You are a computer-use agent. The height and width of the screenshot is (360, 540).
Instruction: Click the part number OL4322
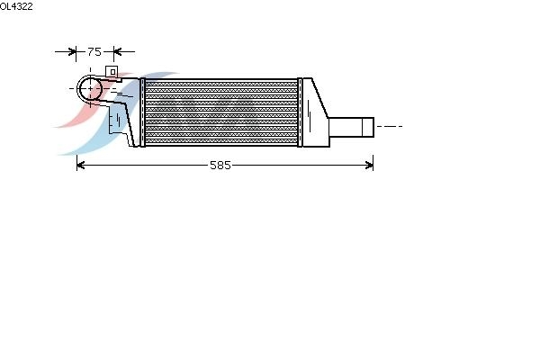(16, 6)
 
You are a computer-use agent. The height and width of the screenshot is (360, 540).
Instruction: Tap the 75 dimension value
(94, 51)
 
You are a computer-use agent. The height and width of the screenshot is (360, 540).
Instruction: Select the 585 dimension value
(220, 166)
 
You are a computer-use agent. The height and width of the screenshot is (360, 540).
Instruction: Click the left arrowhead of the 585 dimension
(81, 166)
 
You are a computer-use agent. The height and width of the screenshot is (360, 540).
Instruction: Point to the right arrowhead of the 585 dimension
(369, 166)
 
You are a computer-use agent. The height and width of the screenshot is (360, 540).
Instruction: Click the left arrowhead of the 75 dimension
(72, 52)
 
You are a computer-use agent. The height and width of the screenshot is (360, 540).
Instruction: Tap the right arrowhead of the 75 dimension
(117, 52)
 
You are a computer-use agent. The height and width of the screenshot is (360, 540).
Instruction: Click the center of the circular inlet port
(90, 88)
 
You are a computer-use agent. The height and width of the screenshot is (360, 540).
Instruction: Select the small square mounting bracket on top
(112, 72)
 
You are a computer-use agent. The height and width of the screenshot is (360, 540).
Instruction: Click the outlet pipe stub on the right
(351, 127)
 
